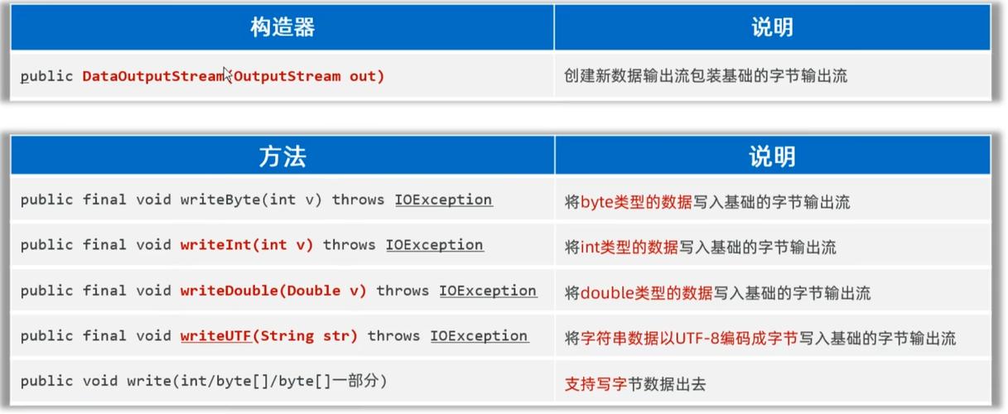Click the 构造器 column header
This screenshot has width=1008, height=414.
[282, 27]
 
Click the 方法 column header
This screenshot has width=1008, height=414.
[282, 156]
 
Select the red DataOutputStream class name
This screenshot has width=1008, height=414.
[153, 76]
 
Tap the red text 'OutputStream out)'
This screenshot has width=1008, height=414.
[310, 76]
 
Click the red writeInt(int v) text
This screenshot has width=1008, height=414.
[247, 245]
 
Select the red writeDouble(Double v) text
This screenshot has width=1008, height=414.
[274, 291]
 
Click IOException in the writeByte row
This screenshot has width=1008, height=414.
[443, 200]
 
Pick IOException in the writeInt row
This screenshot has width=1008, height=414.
[435, 245]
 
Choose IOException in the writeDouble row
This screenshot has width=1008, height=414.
[488, 291]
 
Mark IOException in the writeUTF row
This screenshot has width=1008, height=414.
[479, 336]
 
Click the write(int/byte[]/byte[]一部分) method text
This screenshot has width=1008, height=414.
[257, 382]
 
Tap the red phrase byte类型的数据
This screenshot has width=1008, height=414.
[635, 201]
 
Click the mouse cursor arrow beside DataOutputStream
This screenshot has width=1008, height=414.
[227, 73]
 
